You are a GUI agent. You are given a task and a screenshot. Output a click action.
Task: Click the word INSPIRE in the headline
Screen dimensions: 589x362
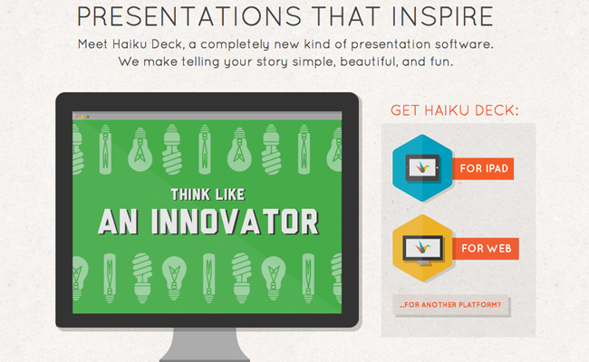(x=442, y=16)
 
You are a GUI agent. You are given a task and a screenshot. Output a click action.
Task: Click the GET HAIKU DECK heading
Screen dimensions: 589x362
(x=455, y=110)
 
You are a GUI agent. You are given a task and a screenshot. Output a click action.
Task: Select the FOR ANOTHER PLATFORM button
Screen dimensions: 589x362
(x=450, y=305)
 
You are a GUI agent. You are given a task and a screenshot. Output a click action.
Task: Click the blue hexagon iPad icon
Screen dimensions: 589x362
(x=422, y=168)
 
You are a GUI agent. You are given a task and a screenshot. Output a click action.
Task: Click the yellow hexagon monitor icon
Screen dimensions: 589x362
(x=422, y=248)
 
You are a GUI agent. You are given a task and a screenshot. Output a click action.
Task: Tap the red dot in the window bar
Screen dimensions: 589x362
(x=77, y=117)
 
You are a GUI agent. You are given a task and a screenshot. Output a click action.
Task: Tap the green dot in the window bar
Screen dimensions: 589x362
(x=88, y=117)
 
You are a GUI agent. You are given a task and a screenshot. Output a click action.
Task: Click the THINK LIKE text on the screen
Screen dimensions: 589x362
(x=208, y=195)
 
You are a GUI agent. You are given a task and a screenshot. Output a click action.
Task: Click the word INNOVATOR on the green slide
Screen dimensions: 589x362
(x=236, y=222)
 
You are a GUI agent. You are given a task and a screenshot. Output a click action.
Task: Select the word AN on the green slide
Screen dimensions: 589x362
(x=118, y=222)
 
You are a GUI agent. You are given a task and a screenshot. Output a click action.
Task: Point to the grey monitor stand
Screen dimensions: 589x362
(x=205, y=345)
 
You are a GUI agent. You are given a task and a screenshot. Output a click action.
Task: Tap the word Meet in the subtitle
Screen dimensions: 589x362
(x=92, y=44)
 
